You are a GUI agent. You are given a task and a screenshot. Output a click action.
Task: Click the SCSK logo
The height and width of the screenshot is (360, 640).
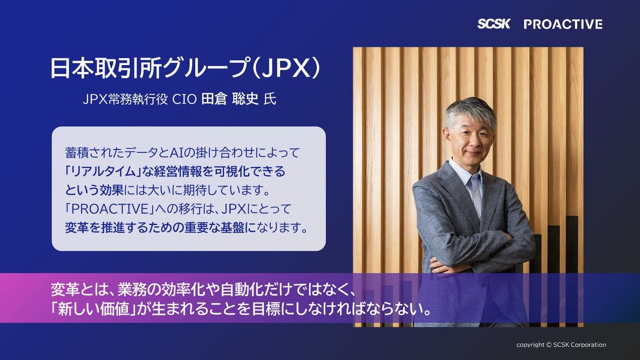tap(493, 24)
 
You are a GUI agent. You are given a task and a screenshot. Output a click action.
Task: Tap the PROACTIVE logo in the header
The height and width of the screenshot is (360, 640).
tap(563, 25)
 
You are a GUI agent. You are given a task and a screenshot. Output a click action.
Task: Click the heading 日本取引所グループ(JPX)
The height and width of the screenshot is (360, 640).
tap(185, 69)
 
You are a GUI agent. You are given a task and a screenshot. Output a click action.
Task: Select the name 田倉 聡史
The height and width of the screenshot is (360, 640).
tap(230, 99)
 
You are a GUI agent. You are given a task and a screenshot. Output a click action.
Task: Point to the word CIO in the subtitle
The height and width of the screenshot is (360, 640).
tap(185, 99)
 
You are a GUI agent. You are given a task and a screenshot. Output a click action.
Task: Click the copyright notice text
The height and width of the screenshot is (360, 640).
tap(561, 345)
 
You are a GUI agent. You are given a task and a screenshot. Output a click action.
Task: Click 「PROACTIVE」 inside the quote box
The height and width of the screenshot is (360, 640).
tap(110, 209)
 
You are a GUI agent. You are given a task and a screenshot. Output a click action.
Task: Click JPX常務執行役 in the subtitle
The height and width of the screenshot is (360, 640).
tap(125, 99)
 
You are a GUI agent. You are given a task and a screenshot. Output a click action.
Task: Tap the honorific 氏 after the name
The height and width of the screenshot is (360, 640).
tap(270, 99)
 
